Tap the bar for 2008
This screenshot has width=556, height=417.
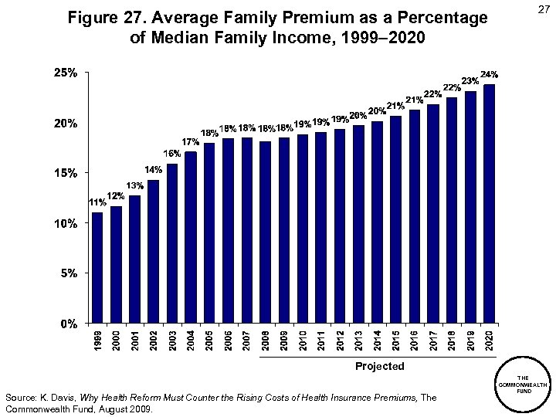tap(265, 232)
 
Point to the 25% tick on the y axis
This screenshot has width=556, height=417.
tap(65, 73)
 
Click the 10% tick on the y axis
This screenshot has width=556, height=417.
tap(65, 223)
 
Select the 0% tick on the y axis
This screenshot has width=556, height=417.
tap(68, 323)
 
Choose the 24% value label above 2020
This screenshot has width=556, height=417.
tap(489, 75)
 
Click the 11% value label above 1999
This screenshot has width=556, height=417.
tap(97, 202)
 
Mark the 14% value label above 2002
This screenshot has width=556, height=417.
tap(153, 169)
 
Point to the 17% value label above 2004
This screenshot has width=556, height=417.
tap(190, 141)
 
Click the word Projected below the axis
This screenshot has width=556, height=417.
tap(379, 366)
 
